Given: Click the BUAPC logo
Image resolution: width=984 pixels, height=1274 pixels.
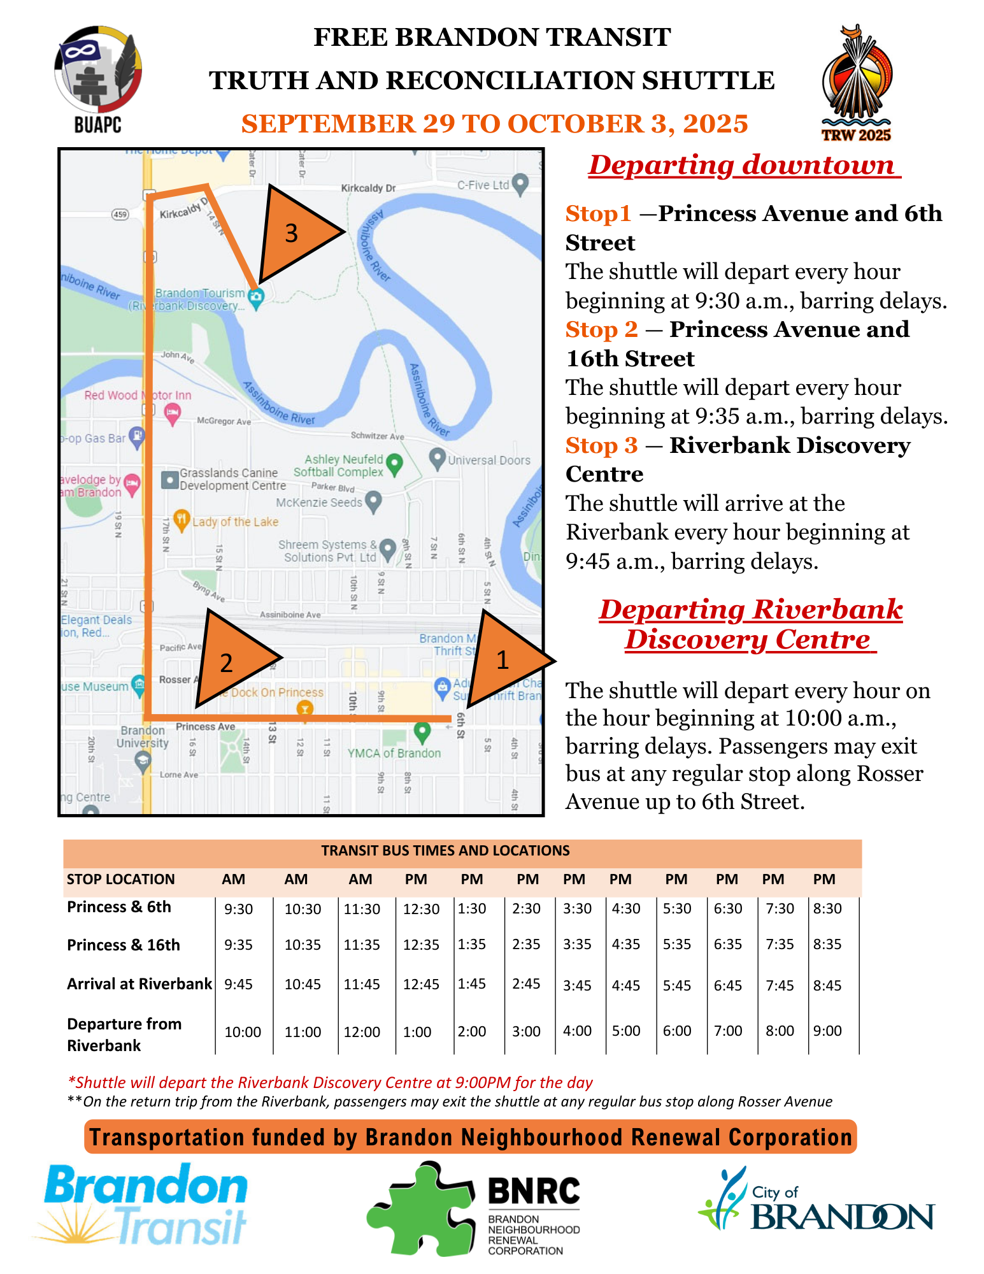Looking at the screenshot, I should tap(97, 79).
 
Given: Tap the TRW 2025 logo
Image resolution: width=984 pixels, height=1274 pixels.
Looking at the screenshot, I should tap(857, 83).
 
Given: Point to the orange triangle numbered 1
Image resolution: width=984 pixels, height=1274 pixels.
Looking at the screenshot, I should tap(506, 660).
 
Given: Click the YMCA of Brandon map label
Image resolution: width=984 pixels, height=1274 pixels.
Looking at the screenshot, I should tap(394, 753).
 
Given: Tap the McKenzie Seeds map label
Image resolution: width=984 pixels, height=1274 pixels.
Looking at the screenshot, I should tap(320, 503).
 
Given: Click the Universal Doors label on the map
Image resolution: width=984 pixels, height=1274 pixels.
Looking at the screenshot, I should tap(488, 460).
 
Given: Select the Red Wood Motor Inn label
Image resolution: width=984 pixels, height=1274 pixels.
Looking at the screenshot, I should tap(138, 395).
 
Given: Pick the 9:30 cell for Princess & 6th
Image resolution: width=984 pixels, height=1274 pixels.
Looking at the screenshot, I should tap(239, 909).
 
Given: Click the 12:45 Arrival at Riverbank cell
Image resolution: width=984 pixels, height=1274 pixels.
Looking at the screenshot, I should tap(421, 985).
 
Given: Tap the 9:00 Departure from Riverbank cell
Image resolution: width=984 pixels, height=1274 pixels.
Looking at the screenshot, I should tap(827, 1031).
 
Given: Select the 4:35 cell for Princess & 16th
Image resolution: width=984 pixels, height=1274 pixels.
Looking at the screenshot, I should tap(626, 944).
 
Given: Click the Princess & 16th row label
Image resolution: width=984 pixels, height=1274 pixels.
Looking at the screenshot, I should tap(124, 945).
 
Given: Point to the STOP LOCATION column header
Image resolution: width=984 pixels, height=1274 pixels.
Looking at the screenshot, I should tap(120, 879).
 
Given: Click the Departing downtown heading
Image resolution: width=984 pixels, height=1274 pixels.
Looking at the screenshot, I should tap(743, 165).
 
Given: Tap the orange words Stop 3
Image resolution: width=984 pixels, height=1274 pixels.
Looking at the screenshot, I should tap(601, 445).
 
